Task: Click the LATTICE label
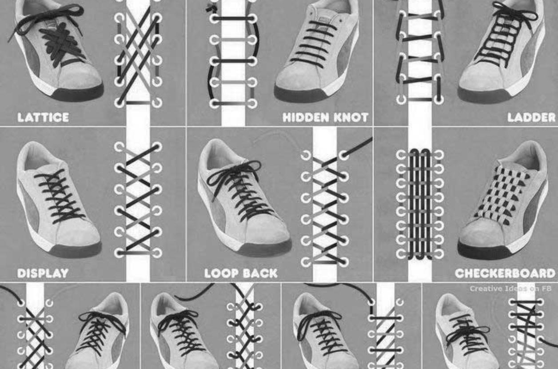[43, 118]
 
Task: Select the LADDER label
[532, 118]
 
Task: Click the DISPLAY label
[43, 273]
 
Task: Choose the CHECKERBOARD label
[506, 273]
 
